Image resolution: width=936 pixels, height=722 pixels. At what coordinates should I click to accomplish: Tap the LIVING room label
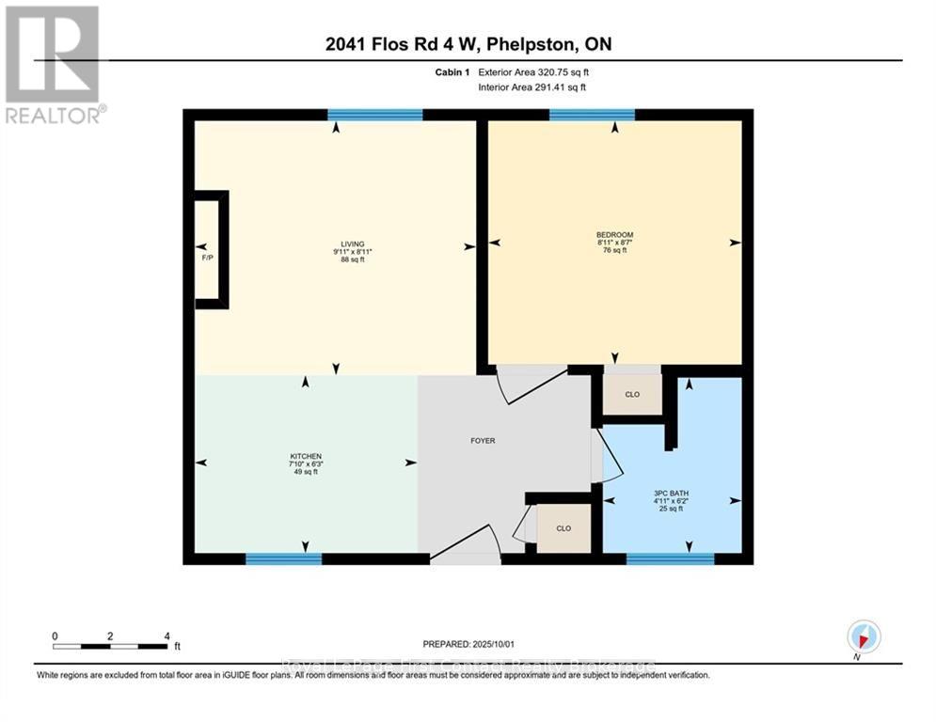pos(353,244)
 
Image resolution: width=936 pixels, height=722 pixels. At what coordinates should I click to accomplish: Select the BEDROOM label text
pos(614,235)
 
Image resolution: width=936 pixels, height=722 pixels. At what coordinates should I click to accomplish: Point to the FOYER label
pos(482,440)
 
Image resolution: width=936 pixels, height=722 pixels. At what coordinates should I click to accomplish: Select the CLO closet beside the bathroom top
pos(632,394)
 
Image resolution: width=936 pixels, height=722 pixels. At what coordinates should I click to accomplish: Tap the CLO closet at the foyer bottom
pos(563,528)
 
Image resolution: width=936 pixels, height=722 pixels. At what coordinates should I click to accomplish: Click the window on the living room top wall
pos(374,115)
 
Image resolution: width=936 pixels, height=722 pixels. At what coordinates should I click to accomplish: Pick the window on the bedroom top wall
pos(592,115)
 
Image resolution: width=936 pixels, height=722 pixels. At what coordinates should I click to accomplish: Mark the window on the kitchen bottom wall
pos(283,558)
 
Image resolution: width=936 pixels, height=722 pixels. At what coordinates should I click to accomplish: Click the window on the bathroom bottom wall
pos(670,558)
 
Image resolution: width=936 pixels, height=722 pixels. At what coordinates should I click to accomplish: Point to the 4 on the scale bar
pos(167,636)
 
